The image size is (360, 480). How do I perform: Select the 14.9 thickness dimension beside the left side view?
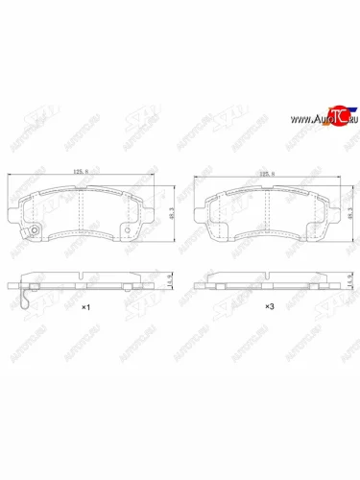[x=164, y=280]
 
